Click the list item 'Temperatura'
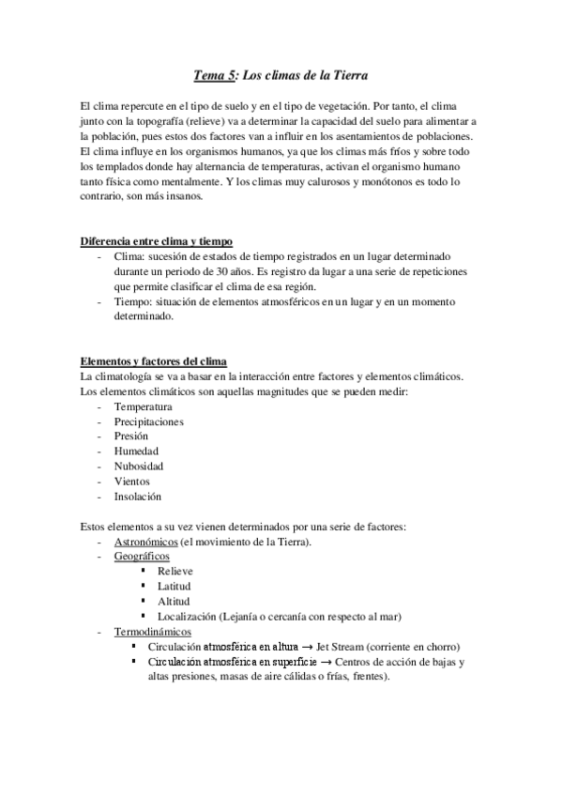(143, 406)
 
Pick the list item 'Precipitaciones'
(148, 421)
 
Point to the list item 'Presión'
(131, 436)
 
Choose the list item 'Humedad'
(136, 452)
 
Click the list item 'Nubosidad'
(139, 467)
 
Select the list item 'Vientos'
(132, 482)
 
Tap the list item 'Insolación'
(138, 497)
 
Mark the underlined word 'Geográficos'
(142, 557)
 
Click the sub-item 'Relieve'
(177, 572)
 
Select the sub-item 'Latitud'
(175, 587)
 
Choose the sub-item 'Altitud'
(175, 602)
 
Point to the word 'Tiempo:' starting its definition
(132, 301)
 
